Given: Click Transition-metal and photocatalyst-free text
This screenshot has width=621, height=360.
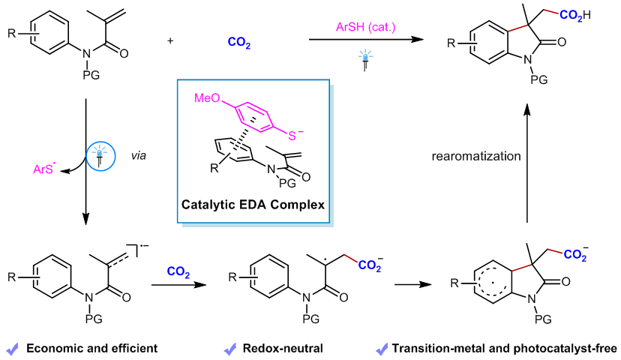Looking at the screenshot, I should click(x=504, y=349).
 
